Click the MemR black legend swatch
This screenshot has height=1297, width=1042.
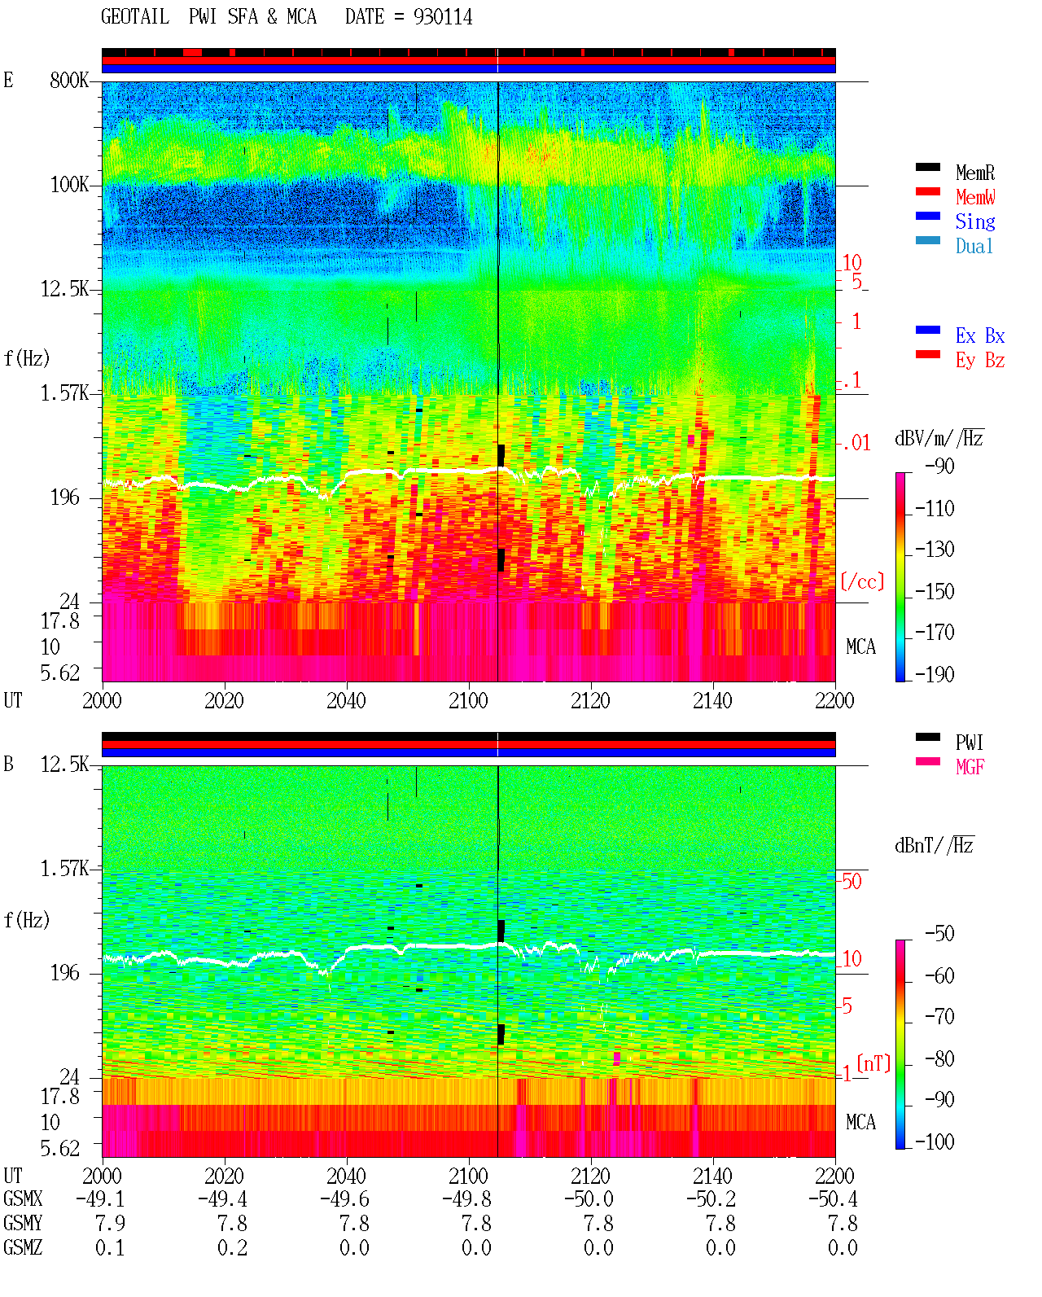tap(927, 167)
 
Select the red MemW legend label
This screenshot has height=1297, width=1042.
tap(975, 197)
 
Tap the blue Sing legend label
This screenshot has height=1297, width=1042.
tap(975, 221)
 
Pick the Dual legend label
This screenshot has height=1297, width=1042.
tap(974, 246)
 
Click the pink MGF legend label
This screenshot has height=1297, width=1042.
tap(970, 767)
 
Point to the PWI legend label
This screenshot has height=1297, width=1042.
tap(969, 742)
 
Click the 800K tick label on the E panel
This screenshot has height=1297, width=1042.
tap(69, 80)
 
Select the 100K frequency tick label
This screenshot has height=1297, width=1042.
tap(69, 185)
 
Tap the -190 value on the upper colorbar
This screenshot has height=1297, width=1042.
tap(935, 674)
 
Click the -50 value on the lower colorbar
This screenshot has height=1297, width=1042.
tap(939, 934)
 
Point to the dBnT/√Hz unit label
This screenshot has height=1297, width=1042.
tap(935, 845)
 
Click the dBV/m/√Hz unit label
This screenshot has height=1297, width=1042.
tap(939, 438)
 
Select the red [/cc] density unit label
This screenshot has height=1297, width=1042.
tap(862, 581)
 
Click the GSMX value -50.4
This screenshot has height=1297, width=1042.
tap(833, 1198)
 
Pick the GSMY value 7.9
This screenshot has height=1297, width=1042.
tap(110, 1223)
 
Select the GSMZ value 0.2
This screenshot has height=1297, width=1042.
tap(232, 1247)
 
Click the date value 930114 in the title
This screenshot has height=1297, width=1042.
tap(443, 17)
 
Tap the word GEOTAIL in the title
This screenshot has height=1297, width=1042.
tap(135, 17)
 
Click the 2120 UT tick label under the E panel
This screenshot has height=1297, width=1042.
tap(591, 700)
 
